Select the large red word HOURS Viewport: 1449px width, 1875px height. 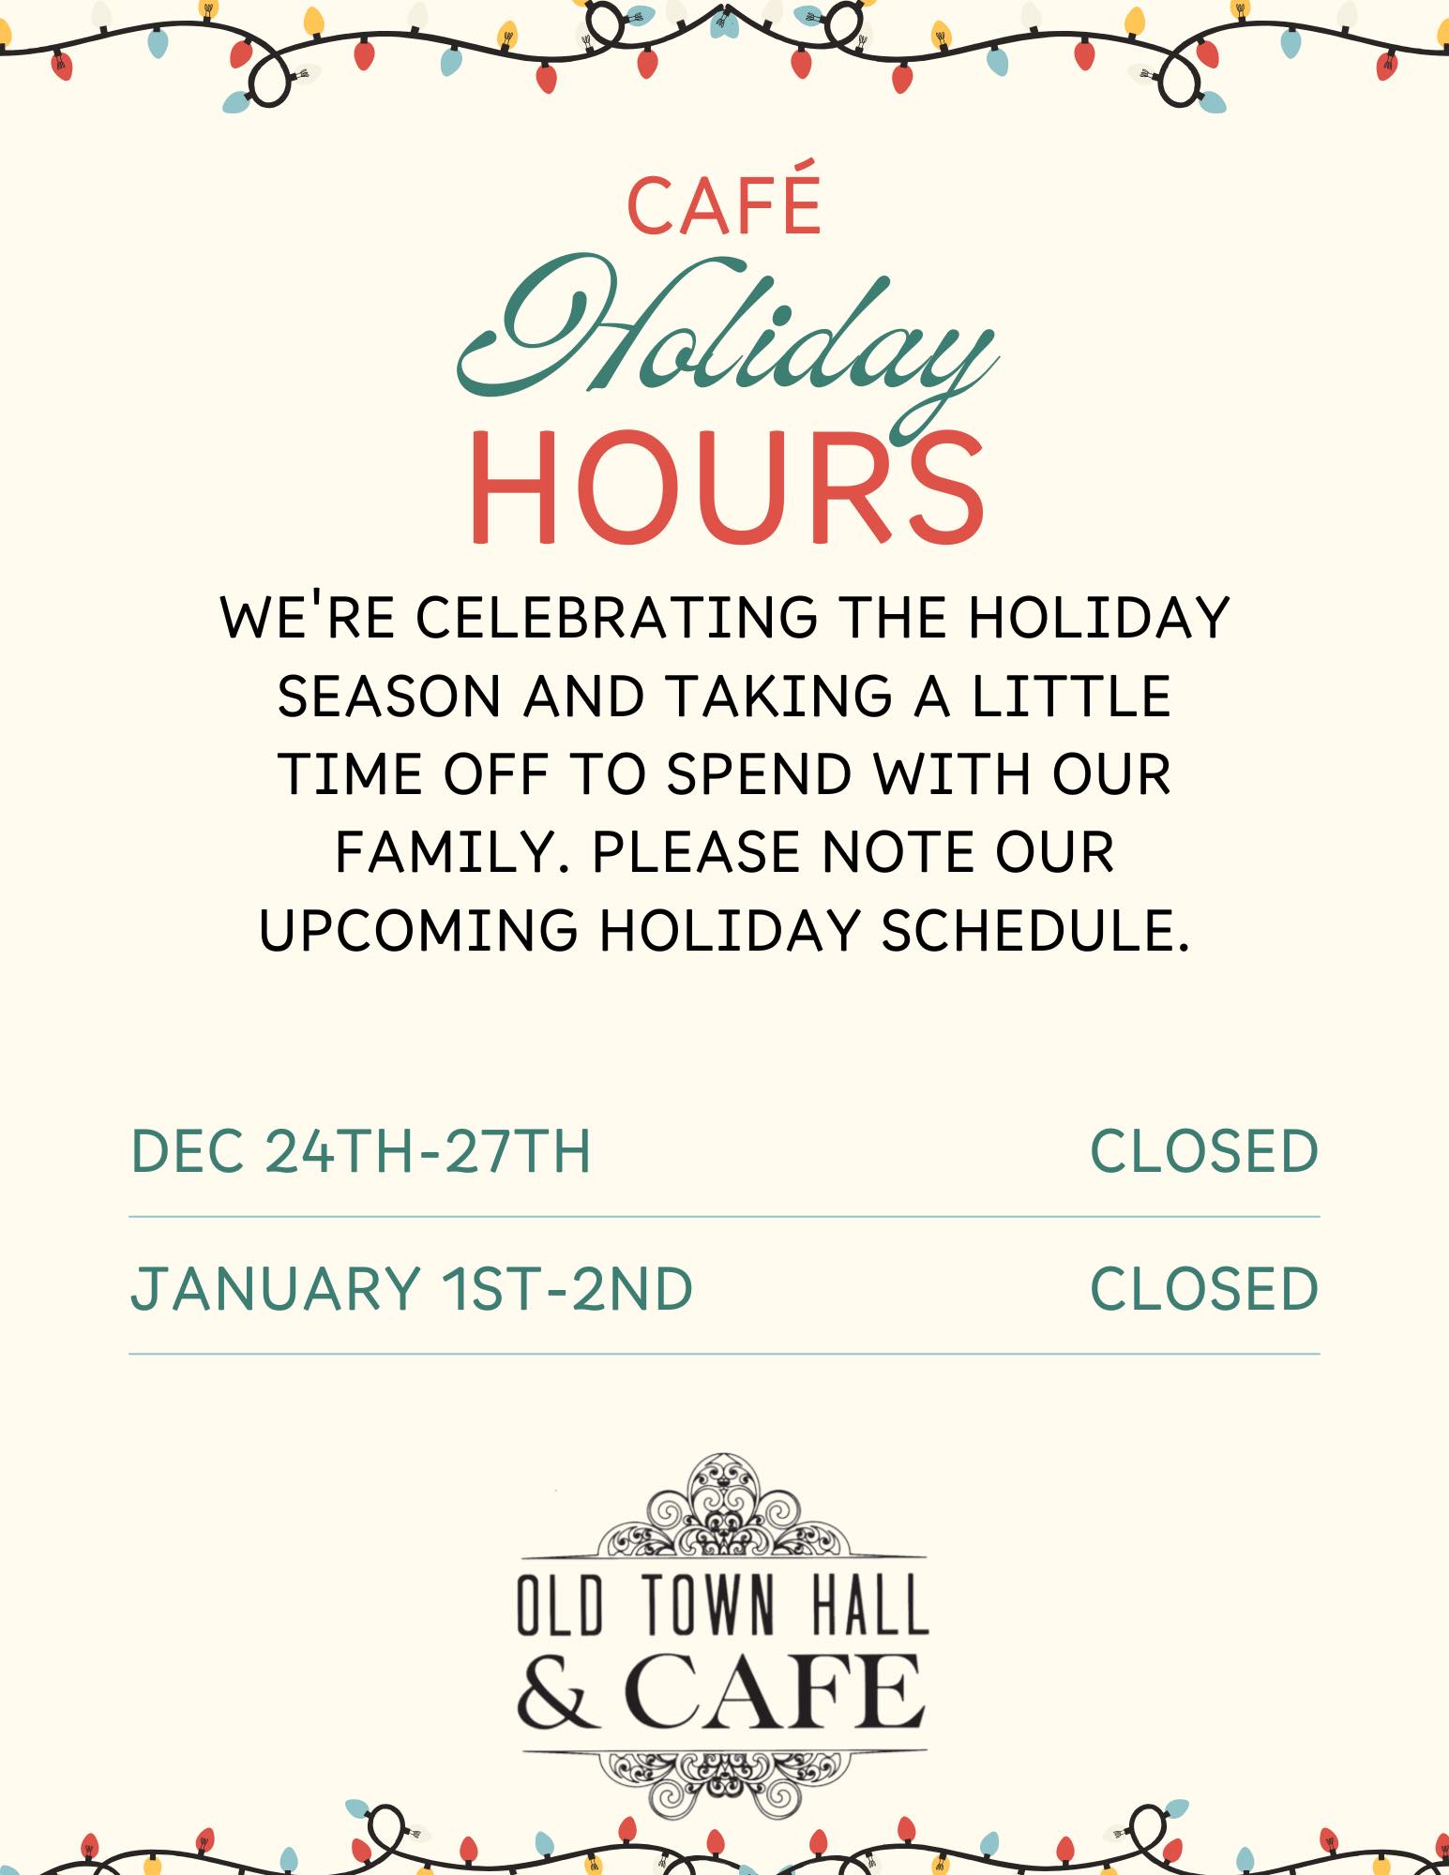tap(727, 487)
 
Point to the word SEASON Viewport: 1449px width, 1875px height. tap(389, 696)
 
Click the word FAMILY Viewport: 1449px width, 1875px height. tap(453, 852)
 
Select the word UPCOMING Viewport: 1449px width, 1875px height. tap(418, 930)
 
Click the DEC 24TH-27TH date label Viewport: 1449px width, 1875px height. tap(361, 1151)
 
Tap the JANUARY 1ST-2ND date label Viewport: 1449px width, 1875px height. tap(412, 1288)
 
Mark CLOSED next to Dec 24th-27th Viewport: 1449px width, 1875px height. tap(1204, 1151)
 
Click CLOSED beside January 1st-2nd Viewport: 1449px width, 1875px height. tap(1204, 1288)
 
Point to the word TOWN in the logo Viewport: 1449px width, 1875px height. tap(710, 1606)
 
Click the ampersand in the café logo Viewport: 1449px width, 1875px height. tap(557, 1693)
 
